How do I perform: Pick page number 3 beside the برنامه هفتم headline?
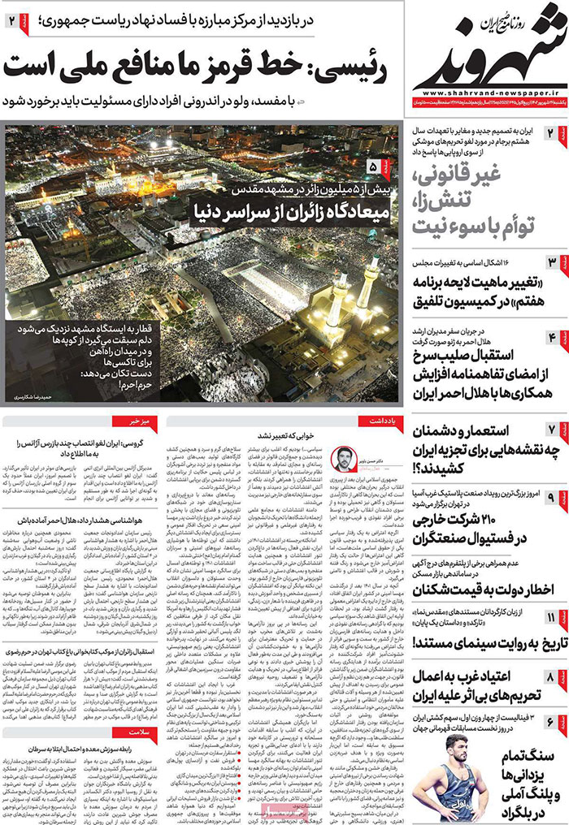(550, 261)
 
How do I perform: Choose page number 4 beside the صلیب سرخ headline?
(550, 336)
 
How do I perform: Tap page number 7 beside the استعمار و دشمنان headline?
(550, 428)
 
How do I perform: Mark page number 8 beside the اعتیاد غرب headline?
(550, 675)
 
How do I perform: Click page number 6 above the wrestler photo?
(550, 721)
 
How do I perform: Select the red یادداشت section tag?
(380, 421)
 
